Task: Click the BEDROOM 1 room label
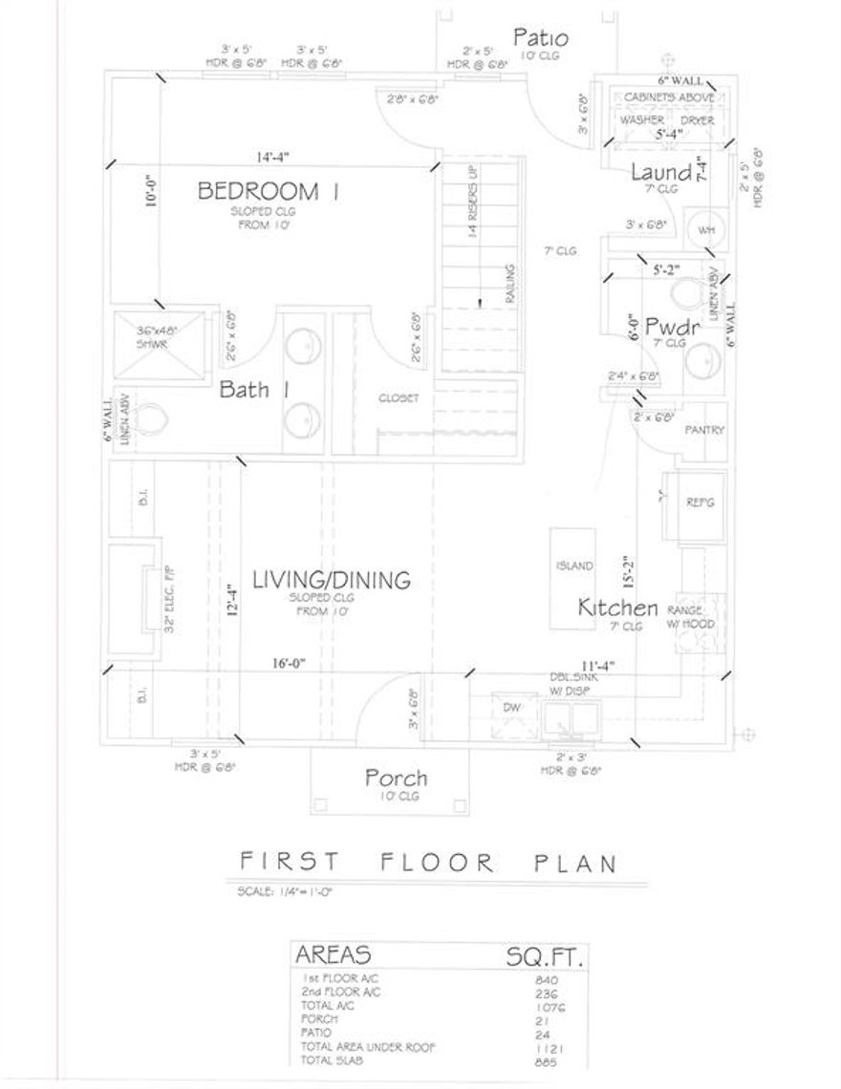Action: click(x=269, y=191)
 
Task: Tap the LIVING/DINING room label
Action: click(x=332, y=579)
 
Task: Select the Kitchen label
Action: click(x=617, y=608)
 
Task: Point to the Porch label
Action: click(x=396, y=778)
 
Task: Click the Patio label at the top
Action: click(x=541, y=39)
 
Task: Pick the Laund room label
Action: click(x=661, y=173)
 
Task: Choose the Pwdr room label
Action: click(x=673, y=327)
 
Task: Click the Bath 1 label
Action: click(x=254, y=390)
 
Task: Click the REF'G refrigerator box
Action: click(x=701, y=502)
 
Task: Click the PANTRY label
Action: click(x=705, y=431)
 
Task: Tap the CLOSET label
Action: click(x=399, y=398)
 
